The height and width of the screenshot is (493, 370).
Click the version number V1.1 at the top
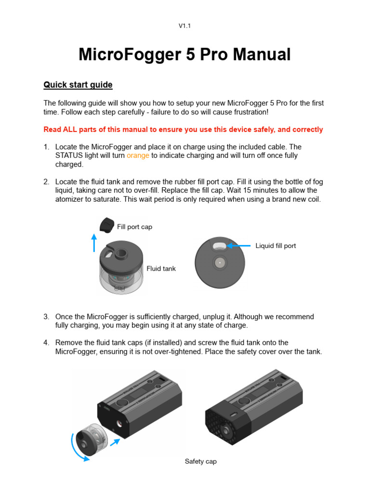185,26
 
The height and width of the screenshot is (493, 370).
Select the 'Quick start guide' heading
78,85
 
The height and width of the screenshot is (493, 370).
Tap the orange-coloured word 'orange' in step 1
138,156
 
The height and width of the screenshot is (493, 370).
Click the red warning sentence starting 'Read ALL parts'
183,130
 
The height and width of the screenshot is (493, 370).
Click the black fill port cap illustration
106,224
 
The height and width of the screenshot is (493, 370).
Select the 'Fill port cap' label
134,227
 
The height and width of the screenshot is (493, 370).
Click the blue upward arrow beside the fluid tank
94,243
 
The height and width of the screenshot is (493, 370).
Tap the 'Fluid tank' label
161,269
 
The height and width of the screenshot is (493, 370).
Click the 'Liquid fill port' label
276,246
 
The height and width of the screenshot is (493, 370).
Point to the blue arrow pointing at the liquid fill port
239,246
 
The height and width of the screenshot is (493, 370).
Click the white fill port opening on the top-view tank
220,246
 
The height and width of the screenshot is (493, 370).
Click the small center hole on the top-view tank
219,263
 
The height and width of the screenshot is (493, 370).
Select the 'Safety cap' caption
200,461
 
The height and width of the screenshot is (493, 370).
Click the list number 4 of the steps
46,343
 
